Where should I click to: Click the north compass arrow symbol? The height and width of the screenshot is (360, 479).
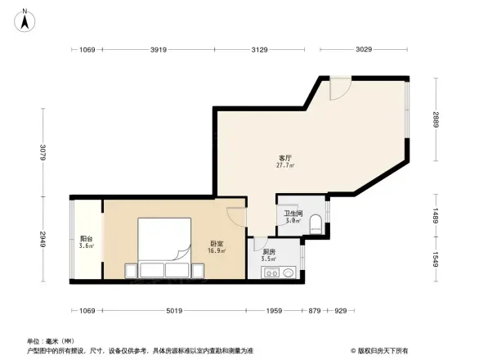[25, 20]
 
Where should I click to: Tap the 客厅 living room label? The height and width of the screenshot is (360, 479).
[285, 157]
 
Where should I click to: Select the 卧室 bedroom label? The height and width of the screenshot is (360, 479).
[217, 243]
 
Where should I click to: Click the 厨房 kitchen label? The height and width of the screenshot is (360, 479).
[269, 252]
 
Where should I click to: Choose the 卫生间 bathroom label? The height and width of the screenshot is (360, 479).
[293, 214]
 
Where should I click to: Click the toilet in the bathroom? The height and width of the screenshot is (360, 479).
[317, 223]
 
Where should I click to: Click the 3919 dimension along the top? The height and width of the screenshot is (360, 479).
[159, 50]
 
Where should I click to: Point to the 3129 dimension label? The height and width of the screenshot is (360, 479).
[260, 50]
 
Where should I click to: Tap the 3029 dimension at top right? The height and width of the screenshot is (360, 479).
[364, 50]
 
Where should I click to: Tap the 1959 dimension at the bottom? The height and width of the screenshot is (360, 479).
[274, 311]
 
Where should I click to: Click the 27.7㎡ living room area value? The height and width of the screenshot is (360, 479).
[285, 164]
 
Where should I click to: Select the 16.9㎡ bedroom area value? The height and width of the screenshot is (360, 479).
[217, 250]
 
